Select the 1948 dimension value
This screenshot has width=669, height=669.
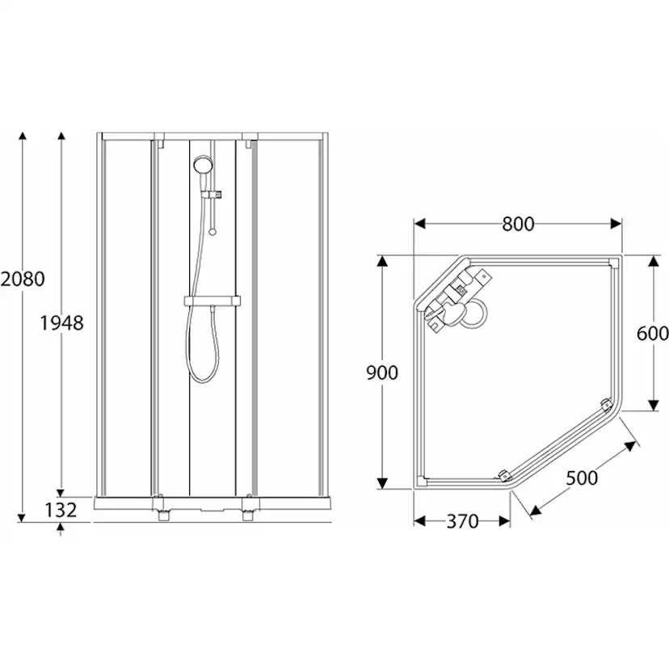click(62, 322)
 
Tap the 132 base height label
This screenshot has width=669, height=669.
click(61, 510)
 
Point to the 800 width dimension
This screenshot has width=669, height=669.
click(518, 224)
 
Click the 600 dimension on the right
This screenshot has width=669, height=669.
click(652, 332)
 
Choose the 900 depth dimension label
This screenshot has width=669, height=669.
click(382, 372)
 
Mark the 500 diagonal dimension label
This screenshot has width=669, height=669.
click(581, 478)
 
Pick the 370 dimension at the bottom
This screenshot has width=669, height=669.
click(461, 522)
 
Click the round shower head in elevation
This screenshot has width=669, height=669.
click(203, 165)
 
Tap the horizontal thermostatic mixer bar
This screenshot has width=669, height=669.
click(212, 301)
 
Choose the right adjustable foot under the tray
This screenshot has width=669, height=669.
click(248, 515)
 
